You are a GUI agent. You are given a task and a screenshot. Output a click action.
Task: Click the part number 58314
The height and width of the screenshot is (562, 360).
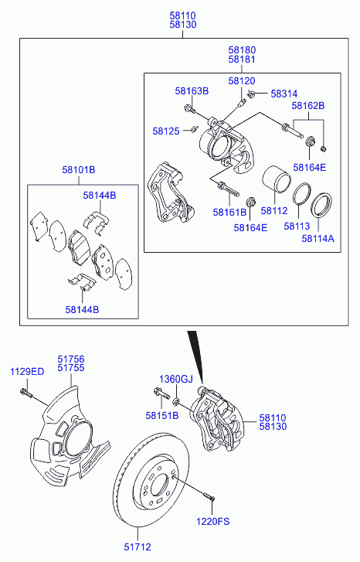coord(284,94)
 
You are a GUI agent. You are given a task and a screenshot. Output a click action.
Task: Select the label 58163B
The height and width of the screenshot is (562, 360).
coord(192,91)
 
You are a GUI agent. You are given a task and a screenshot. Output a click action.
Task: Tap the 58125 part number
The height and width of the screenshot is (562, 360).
coord(166,131)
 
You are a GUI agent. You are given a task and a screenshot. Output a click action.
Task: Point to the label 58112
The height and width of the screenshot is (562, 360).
coord(274,211)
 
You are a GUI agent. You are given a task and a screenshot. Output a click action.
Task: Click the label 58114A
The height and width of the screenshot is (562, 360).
coord(318,238)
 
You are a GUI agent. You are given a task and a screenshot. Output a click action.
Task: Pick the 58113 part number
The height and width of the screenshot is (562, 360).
coord(297,227)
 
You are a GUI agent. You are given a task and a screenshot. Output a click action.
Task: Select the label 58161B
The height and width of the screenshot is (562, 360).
coord(229,212)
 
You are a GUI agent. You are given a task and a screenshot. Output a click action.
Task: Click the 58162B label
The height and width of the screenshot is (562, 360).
coord(308,106)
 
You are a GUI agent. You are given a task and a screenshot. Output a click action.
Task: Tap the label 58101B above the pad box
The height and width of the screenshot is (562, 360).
coord(79,169)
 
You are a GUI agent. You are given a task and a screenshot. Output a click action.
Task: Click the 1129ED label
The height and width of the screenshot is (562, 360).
coord(27,372)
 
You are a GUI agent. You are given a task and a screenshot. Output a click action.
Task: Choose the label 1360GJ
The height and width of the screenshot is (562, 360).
coord(176,379)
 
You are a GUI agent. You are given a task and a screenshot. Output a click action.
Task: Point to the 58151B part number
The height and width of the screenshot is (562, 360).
coord(162,415)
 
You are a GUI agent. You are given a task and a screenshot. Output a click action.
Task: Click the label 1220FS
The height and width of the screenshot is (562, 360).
coord(212,521)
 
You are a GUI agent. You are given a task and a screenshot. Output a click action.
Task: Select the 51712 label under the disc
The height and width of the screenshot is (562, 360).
coord(138,547)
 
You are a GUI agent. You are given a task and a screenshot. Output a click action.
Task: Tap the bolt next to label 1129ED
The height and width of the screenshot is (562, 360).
coord(26,393)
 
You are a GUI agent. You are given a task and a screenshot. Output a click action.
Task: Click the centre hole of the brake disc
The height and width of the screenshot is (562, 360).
coord(159,486)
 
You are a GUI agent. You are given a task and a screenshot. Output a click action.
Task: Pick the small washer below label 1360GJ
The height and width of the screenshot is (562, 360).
coord(176,401)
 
